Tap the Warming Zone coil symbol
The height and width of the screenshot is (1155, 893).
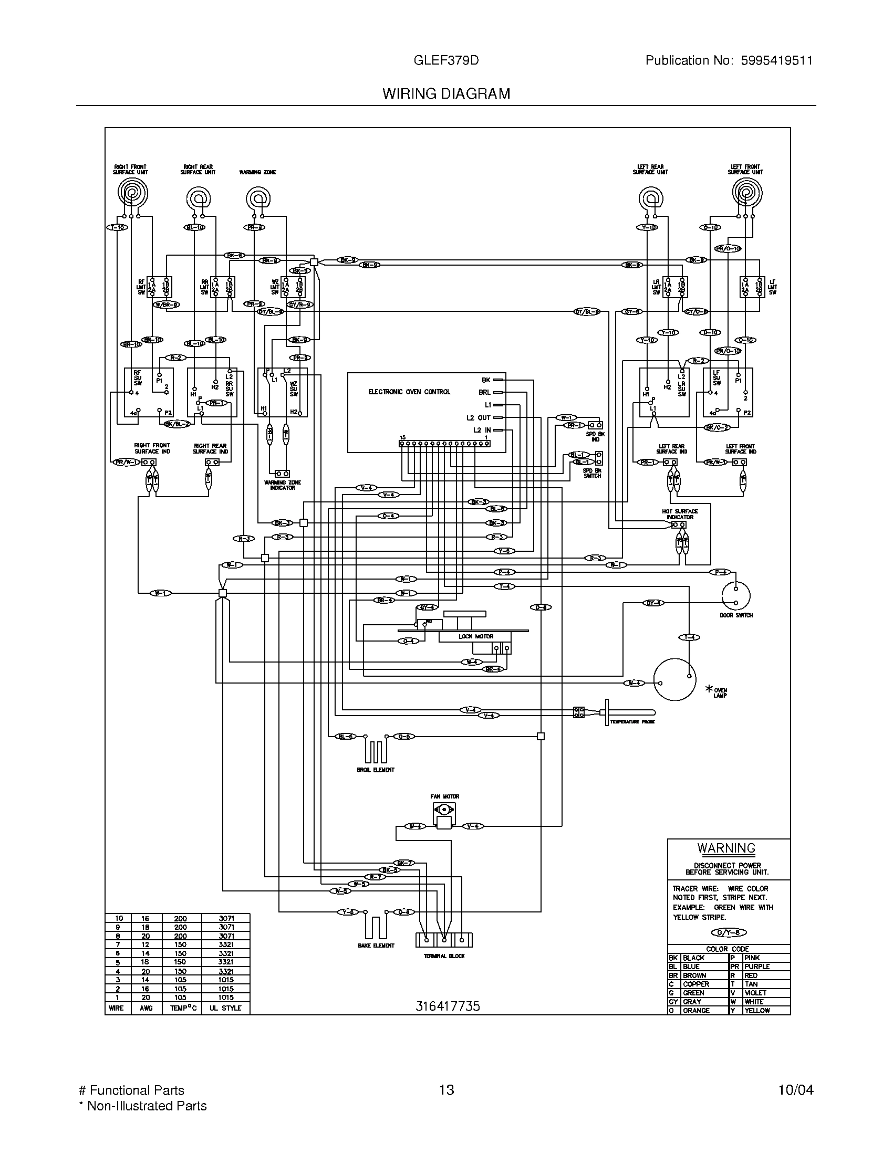(257, 200)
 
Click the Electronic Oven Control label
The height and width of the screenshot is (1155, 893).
(409, 392)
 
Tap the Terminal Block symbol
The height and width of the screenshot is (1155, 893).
(444, 940)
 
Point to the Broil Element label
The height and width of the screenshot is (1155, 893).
(376, 770)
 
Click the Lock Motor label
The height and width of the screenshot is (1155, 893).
(475, 637)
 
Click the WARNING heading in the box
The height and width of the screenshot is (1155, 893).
(726, 848)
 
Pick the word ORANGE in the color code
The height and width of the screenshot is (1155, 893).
(695, 1011)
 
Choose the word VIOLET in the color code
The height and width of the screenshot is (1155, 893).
(755, 993)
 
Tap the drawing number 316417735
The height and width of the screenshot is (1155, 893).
(447, 1006)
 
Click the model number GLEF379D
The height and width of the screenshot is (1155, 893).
(446, 60)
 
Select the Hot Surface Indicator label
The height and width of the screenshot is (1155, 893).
(680, 514)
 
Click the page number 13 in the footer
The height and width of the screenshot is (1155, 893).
(446, 1090)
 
